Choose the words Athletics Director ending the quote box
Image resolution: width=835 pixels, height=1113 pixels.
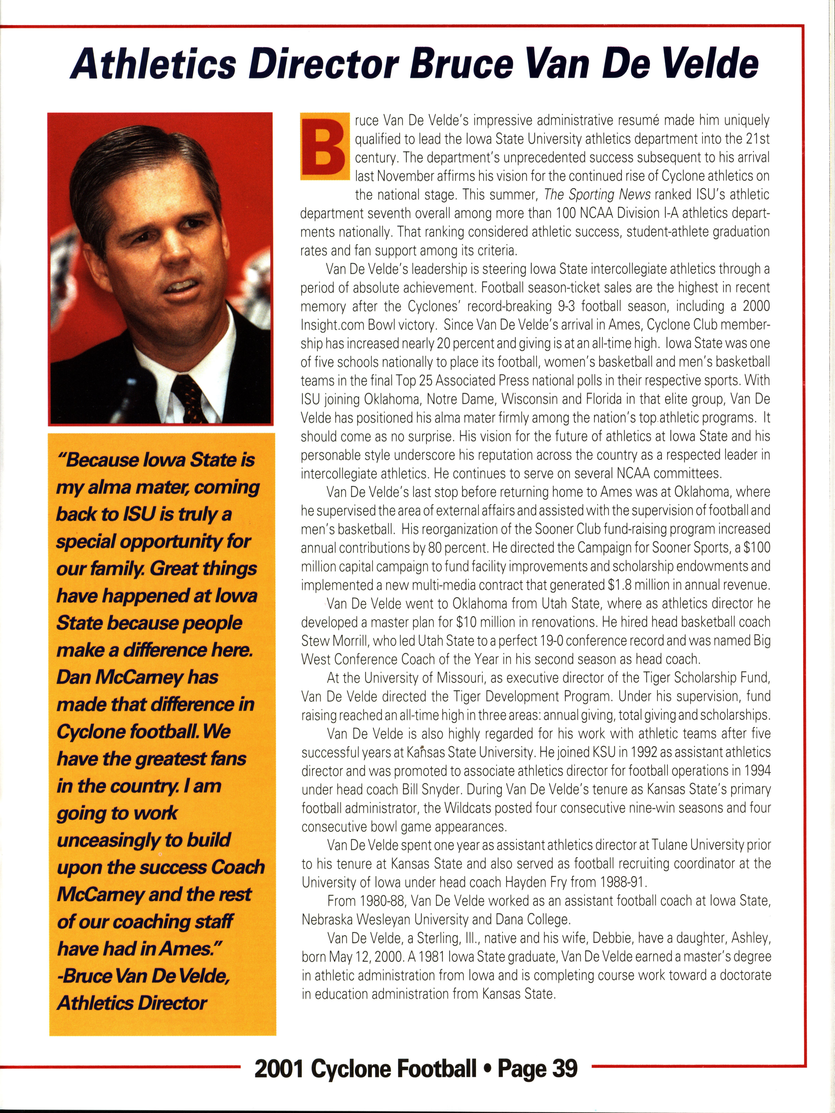click(x=132, y=1003)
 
